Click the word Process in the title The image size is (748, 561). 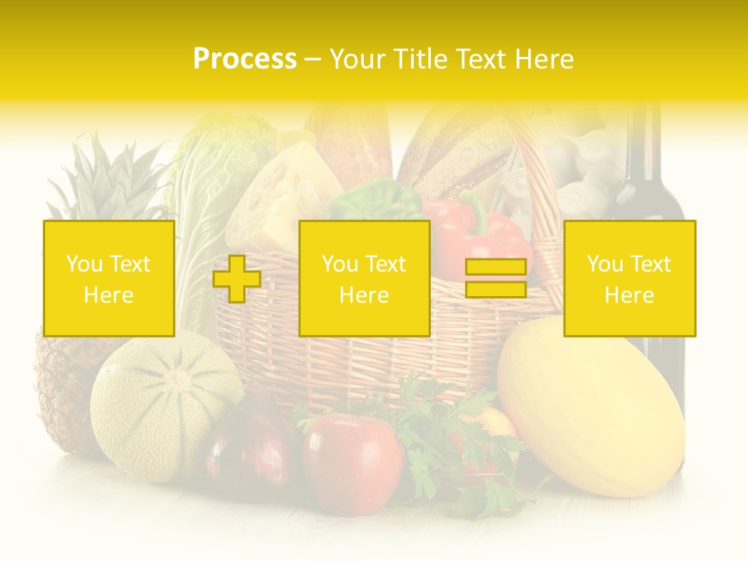pos(245,59)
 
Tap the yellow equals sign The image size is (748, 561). pos(496,279)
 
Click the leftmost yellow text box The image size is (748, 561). pos(109,278)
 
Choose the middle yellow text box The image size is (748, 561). pos(364,278)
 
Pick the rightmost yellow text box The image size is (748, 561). pos(630,278)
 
